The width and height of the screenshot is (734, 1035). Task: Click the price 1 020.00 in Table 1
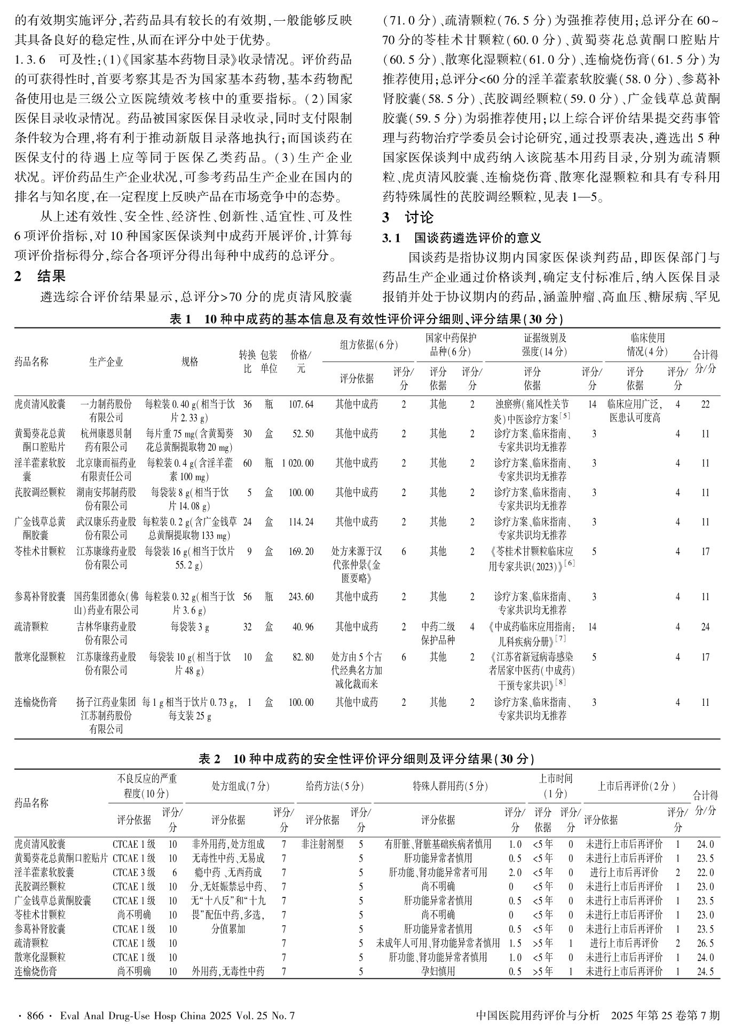[x=298, y=463]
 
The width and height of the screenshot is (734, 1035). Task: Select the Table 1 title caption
[x=366, y=319]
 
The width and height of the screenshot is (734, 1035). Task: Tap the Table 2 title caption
[x=366, y=759]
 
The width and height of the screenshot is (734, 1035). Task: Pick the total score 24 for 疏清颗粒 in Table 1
[x=705, y=627]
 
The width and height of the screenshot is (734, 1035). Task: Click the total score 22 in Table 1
[x=705, y=404]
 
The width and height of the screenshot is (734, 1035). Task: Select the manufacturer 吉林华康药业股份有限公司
[x=106, y=633]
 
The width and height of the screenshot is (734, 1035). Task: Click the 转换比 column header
[x=248, y=361]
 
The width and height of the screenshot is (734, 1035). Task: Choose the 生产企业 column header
[x=106, y=362]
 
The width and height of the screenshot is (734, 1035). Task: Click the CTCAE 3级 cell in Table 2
[x=134, y=872]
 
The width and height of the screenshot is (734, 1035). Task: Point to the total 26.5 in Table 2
[x=705, y=943]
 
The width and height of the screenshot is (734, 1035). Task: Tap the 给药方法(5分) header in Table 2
[x=334, y=786]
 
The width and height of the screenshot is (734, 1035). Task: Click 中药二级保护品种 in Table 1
[x=438, y=633]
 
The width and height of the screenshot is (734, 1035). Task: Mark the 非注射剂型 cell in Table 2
[x=322, y=845]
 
